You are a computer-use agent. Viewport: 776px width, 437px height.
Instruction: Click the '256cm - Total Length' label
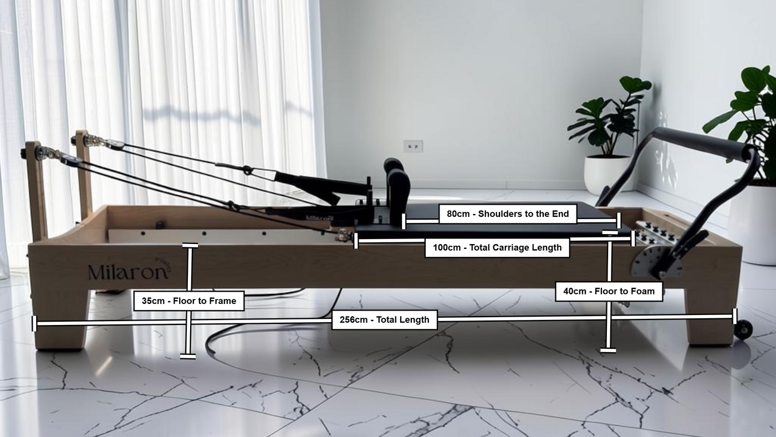[x=385, y=319]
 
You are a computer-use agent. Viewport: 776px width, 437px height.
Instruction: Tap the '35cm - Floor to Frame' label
[x=189, y=301]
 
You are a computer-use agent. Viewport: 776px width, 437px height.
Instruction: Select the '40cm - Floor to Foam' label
[x=609, y=292]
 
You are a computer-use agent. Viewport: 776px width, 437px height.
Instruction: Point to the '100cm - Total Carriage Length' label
[x=497, y=248]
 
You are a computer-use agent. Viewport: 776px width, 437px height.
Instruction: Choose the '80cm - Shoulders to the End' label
[x=508, y=214]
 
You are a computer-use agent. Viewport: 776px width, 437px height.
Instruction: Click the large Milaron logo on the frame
[x=129, y=270]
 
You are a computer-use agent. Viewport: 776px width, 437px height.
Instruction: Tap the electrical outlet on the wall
[x=413, y=146]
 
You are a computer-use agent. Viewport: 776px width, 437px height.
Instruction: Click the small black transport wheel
[x=743, y=329]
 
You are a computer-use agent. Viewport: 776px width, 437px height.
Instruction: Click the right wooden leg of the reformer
[x=708, y=317]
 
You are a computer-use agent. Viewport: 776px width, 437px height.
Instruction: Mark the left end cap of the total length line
[x=34, y=324]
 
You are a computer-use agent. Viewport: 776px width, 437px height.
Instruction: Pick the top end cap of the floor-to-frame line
[x=190, y=245]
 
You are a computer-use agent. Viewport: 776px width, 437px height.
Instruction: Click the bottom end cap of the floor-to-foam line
[x=608, y=350]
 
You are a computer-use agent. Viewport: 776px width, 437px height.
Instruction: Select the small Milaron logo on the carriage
[x=319, y=218]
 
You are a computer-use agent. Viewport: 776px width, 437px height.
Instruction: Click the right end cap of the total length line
[x=734, y=316]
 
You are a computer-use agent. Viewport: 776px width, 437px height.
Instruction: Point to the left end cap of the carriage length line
[x=356, y=241]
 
